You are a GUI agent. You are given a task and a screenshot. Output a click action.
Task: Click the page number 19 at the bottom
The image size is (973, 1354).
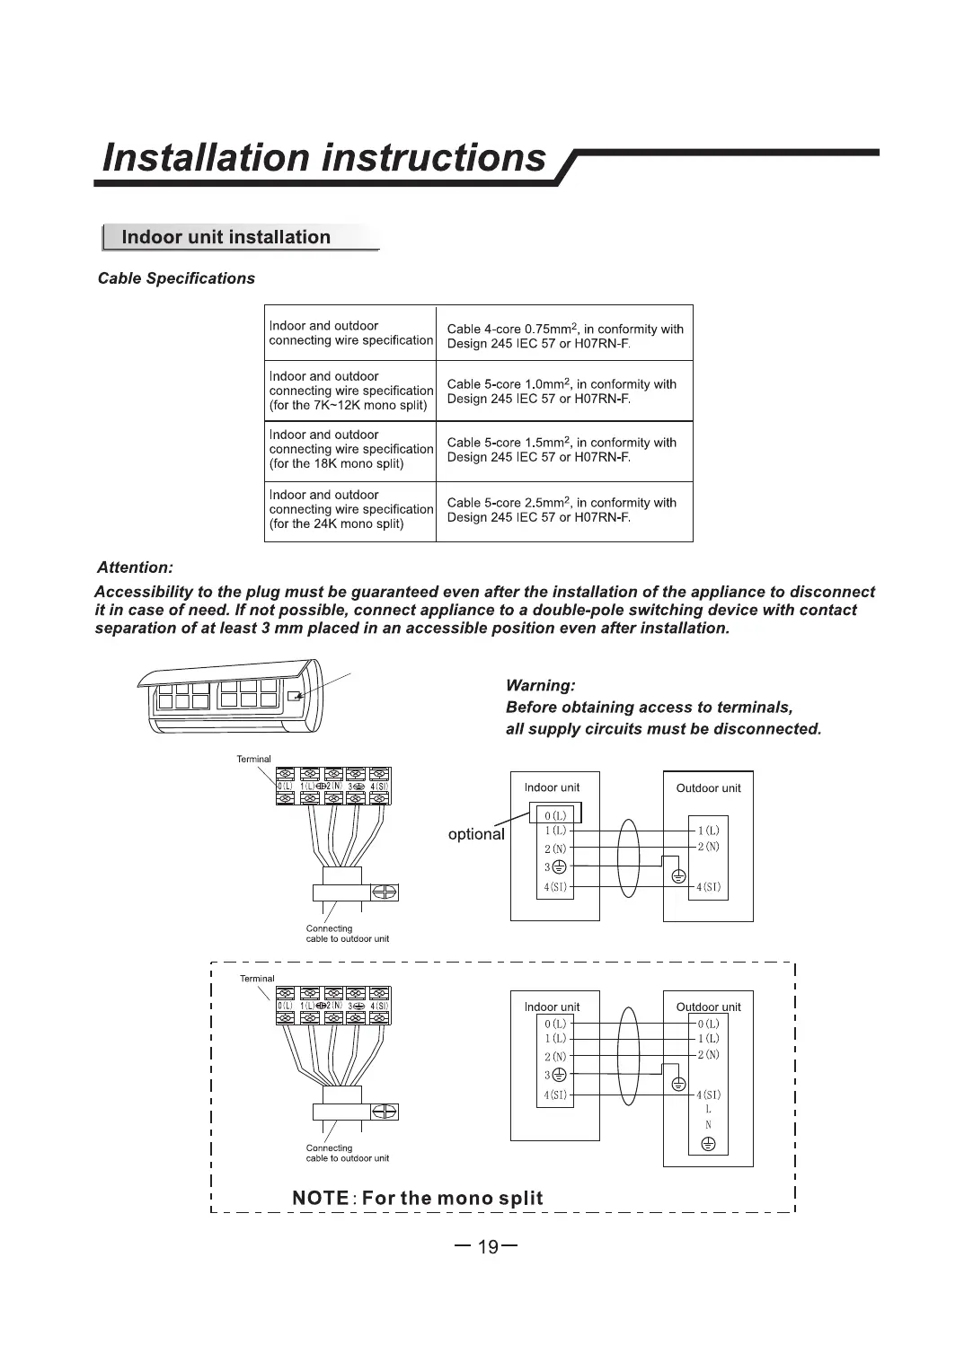pos(487,1247)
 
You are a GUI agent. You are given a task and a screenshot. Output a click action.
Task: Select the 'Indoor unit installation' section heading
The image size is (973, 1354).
pos(226,238)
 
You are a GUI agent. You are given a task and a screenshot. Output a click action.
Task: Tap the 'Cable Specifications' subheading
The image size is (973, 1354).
pos(176,278)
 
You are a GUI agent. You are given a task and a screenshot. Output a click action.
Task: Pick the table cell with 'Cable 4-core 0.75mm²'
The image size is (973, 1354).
pos(564,336)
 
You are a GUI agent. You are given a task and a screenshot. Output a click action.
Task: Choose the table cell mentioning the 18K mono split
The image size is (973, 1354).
pos(350,449)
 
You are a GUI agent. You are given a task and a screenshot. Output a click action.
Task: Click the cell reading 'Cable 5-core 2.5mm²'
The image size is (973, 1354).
pos(564,510)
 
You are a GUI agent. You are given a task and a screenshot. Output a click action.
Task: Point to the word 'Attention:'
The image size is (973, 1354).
pos(135,567)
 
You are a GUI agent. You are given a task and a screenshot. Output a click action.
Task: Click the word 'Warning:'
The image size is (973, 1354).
pos(541,686)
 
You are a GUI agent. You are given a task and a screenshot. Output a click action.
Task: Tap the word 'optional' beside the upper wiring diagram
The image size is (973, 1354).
pos(476,834)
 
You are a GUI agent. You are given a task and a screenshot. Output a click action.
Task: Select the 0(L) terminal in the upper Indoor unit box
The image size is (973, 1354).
pos(556,815)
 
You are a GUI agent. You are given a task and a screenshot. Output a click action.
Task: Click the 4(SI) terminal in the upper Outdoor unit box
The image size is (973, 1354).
pos(708,887)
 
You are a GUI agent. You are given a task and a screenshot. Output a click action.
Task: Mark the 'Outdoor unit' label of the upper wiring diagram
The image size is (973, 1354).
pos(708,788)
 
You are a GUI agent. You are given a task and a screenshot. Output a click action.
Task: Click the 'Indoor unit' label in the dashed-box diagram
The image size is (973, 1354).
pos(552,1007)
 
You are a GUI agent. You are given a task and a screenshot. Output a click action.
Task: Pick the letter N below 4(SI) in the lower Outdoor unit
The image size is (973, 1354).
pos(708,1125)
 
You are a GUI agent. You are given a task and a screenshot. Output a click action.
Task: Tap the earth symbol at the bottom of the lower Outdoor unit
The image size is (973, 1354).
pos(708,1144)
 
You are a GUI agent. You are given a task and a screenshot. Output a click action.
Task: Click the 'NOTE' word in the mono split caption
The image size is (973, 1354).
pos(321,1199)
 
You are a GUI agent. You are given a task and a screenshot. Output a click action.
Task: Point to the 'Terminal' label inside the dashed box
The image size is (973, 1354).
pos(257,979)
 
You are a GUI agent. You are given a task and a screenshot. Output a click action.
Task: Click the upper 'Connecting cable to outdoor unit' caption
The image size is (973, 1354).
pos(347,934)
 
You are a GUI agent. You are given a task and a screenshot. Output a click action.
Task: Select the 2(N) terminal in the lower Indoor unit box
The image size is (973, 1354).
pos(555,1057)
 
